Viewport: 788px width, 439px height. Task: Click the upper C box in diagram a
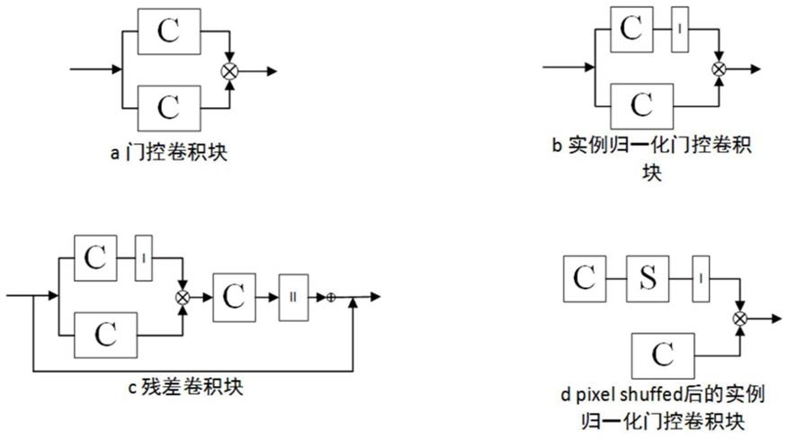(169, 31)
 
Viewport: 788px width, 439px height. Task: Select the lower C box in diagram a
(169, 108)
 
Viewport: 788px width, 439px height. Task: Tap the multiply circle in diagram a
(229, 71)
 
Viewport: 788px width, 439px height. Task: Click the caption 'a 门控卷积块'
(169, 152)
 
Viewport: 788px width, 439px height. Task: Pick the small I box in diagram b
(680, 29)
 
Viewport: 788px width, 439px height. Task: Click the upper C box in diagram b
(631, 29)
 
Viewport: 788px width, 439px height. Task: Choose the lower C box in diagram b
(641, 106)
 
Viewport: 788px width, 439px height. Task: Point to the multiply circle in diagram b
(719, 69)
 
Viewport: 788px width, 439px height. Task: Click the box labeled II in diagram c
(294, 297)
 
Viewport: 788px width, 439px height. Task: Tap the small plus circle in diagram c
(331, 297)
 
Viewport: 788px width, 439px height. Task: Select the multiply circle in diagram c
(183, 297)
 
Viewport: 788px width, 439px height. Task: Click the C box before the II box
(234, 297)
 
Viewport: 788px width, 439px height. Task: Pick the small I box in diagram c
(144, 258)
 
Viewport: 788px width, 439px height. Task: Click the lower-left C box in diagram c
(105, 335)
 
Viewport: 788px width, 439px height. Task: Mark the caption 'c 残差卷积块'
(186, 387)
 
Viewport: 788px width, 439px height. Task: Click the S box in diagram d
(648, 279)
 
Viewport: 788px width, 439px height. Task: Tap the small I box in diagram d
(701, 279)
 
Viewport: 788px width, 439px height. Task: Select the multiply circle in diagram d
(739, 318)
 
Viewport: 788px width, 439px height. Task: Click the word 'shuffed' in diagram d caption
(651, 395)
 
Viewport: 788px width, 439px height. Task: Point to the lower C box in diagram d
(663, 355)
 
